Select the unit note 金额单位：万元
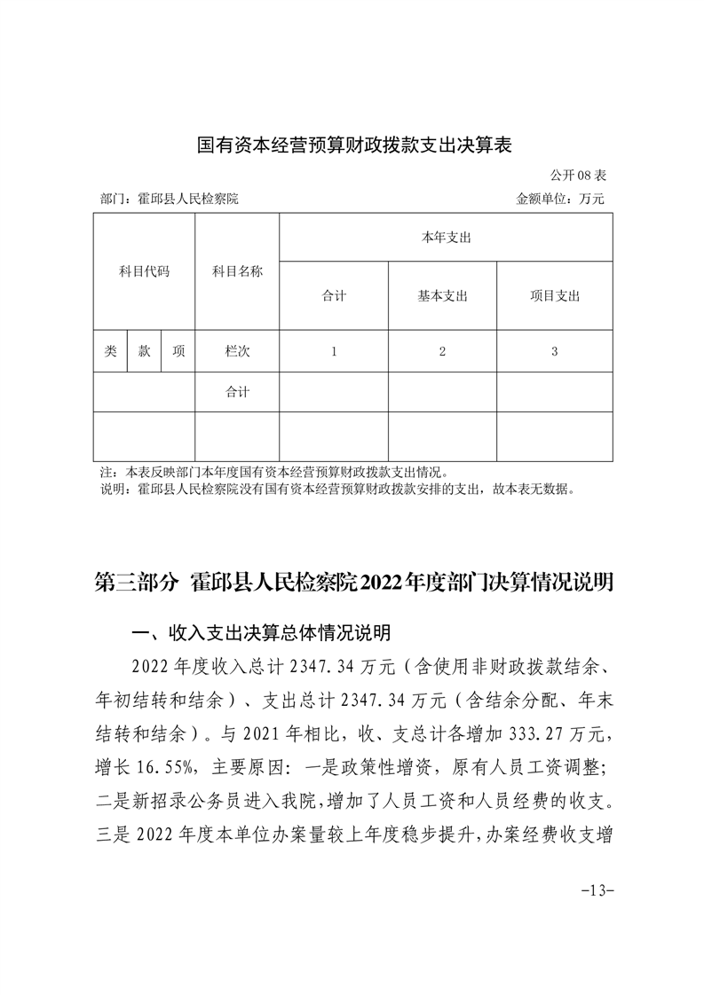point(560,200)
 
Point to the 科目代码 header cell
point(144,271)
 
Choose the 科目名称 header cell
point(237,271)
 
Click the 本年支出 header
point(446,238)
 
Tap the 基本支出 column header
point(442,296)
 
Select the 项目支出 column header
point(554,296)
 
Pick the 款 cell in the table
point(144,351)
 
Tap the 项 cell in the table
point(178,351)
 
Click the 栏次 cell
point(237,351)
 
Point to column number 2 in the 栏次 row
point(442,351)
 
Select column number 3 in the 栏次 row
point(554,351)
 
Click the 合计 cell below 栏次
point(237,392)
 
